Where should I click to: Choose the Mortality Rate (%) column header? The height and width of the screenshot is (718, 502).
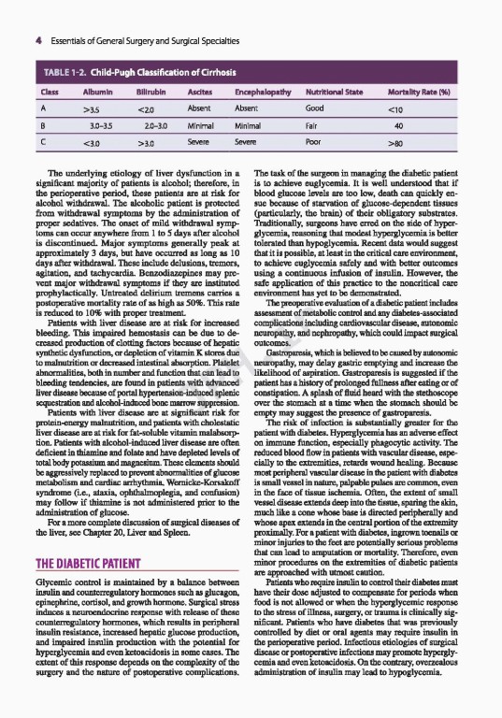448,94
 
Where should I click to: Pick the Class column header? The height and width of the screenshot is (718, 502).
43,94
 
